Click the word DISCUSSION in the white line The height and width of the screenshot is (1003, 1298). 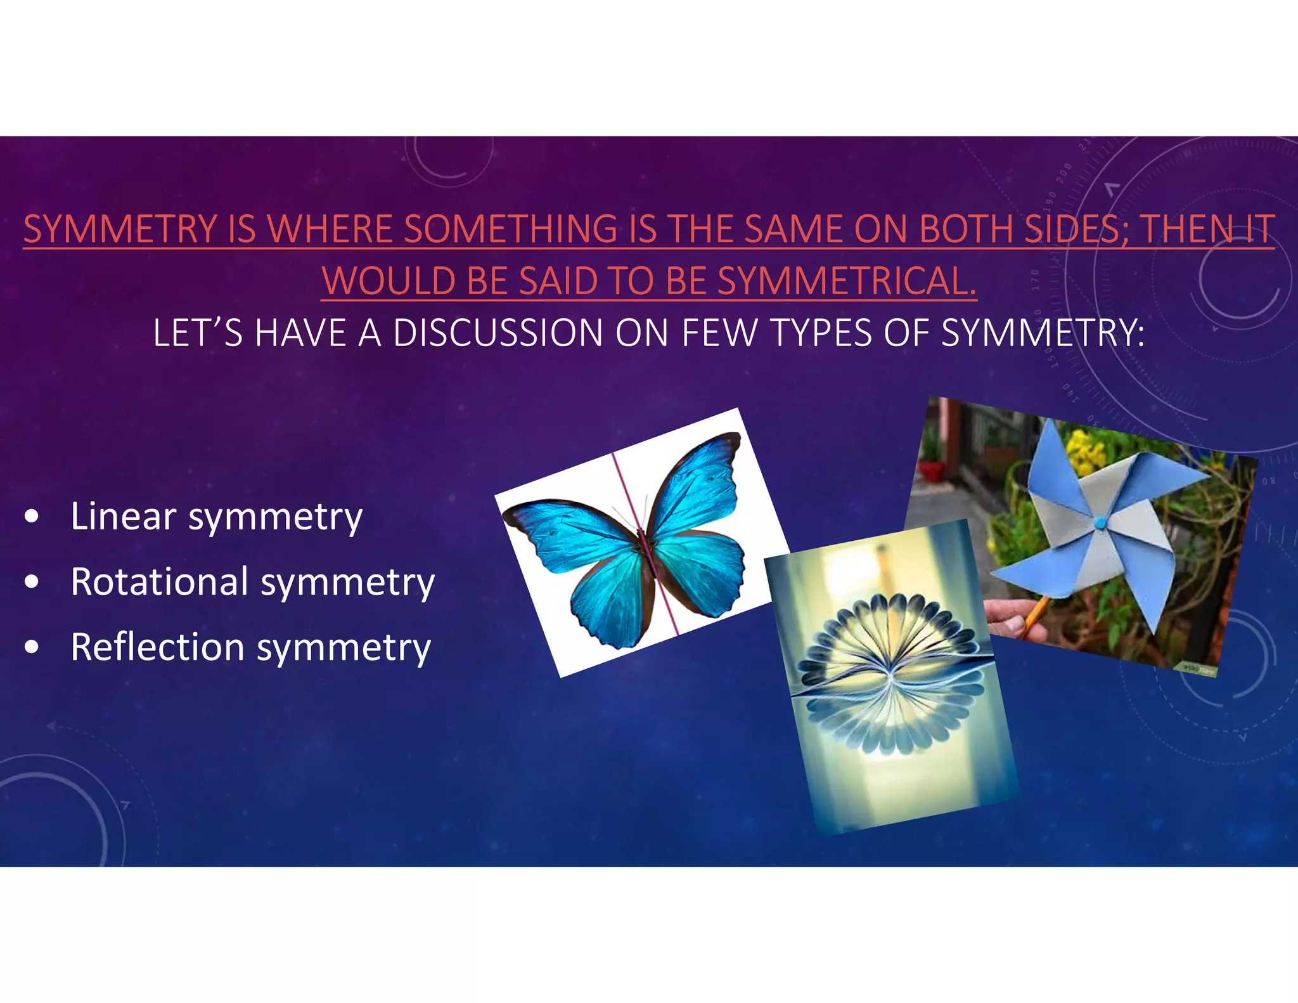pos(498,333)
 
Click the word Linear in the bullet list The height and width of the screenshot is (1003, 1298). pos(123,516)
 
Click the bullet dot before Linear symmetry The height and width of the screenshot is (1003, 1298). pos(32,517)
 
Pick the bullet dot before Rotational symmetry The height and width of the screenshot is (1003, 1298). pos(32,582)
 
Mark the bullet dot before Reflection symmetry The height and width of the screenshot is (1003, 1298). pos(32,647)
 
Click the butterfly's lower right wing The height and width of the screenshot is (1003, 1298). pos(704,571)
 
